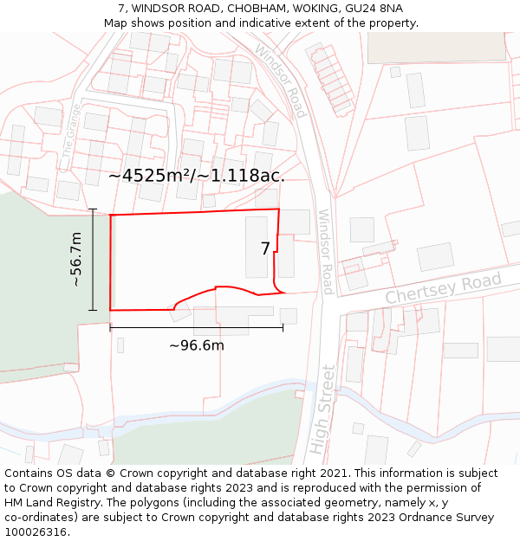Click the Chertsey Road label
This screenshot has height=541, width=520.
443,288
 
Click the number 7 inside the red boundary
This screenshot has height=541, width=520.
265,248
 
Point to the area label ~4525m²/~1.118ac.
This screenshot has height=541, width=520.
197,175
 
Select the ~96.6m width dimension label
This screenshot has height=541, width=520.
196,345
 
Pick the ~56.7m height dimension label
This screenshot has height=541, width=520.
76,259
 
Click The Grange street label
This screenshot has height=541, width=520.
71,131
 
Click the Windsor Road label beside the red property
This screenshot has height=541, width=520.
325,252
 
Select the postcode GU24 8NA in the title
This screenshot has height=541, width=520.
374,8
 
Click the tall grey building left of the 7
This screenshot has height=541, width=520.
257,247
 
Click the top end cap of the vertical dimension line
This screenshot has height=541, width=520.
93,209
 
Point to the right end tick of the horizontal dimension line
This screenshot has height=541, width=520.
283,327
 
